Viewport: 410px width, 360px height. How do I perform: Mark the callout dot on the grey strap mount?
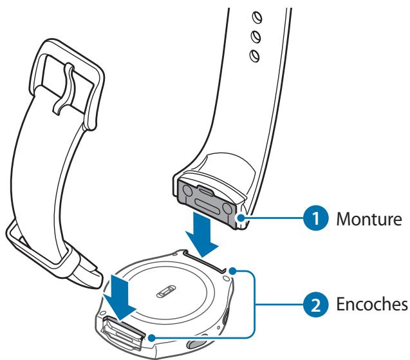pos(243,219)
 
